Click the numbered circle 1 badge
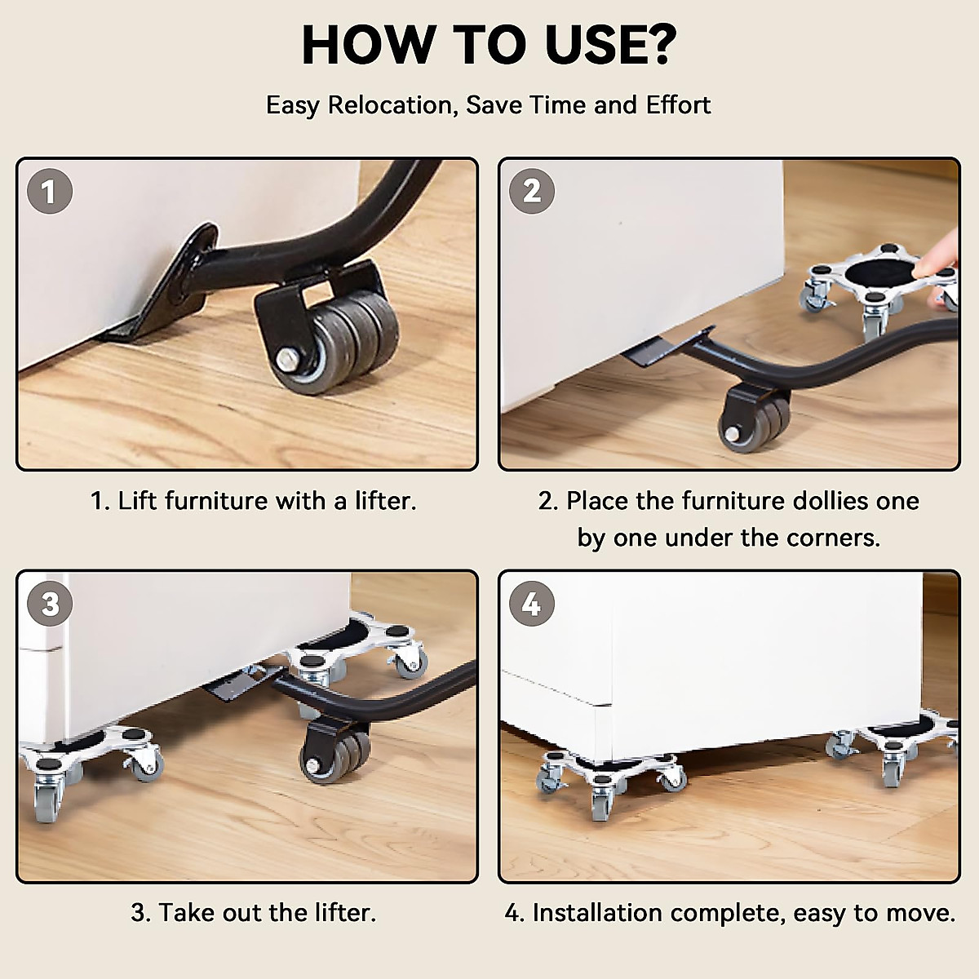tap(49, 192)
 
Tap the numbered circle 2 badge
tap(531, 192)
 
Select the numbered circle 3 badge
tap(49, 604)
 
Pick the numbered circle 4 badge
tap(531, 604)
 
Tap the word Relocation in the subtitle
tap(390, 105)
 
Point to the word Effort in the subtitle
tap(678, 104)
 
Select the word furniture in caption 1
tap(216, 501)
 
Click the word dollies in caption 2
tap(818, 500)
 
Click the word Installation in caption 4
tap(597, 912)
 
